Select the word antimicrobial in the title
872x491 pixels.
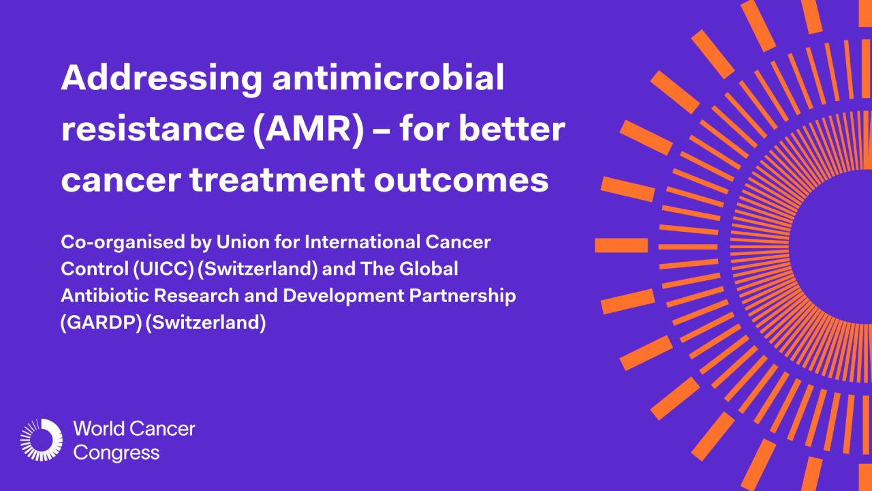click(388, 77)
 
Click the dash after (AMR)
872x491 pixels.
click(381, 132)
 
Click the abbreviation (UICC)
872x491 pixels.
click(163, 269)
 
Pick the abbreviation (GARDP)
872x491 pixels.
click(102, 323)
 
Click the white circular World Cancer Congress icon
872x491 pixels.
click(42, 440)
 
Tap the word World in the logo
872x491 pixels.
click(99, 429)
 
